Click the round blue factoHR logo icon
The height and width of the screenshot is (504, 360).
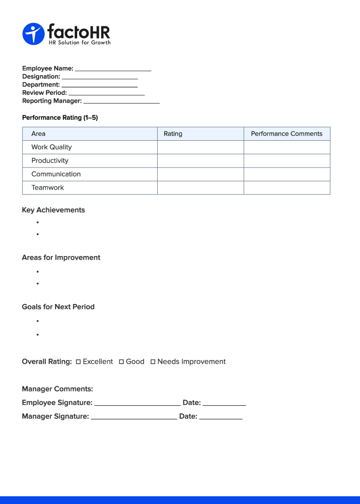[x=33, y=34]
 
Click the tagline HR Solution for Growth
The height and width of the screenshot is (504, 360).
[x=80, y=42]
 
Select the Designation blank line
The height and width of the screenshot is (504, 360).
[x=100, y=78]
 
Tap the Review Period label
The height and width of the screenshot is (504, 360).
[x=44, y=93]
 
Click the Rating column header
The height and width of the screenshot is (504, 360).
[x=173, y=134]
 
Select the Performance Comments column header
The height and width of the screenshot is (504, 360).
[x=287, y=134]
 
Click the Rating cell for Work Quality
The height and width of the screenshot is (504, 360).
[x=200, y=147]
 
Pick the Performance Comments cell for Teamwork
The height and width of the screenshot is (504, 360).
[x=287, y=188]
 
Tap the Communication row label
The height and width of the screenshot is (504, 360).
[x=56, y=174]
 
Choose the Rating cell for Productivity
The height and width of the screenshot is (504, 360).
[x=200, y=161]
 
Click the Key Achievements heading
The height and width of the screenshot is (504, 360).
[x=53, y=210]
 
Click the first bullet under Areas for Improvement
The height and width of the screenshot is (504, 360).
[x=37, y=272]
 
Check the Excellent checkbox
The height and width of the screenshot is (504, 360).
[x=79, y=362]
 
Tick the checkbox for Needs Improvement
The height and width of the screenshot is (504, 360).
[x=153, y=362]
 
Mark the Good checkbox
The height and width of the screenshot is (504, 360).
[x=121, y=362]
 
